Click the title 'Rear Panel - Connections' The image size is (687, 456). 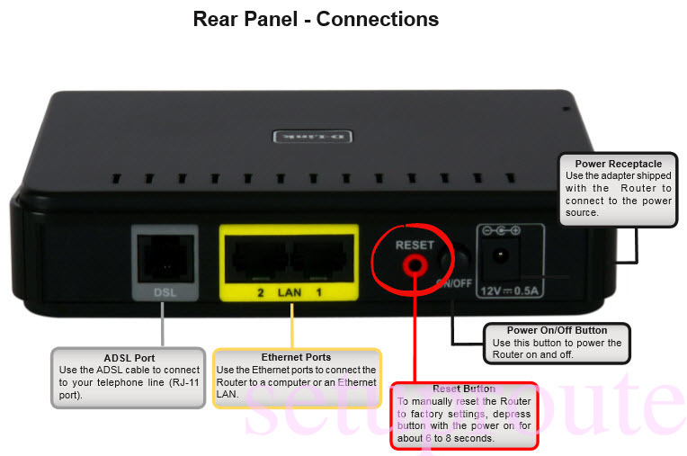[316, 19]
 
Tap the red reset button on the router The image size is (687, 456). [415, 264]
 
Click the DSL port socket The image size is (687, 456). [162, 257]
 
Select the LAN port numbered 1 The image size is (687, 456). [318, 258]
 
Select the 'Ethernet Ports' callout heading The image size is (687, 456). [296, 358]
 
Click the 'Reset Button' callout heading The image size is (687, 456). [462, 389]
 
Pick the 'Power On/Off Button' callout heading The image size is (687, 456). [557, 330]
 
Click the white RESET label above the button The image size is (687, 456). [415, 245]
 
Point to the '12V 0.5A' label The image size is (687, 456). [509, 290]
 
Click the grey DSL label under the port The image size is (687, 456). [163, 292]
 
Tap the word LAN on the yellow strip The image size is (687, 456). [290, 293]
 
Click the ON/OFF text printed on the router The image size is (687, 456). [455, 282]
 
